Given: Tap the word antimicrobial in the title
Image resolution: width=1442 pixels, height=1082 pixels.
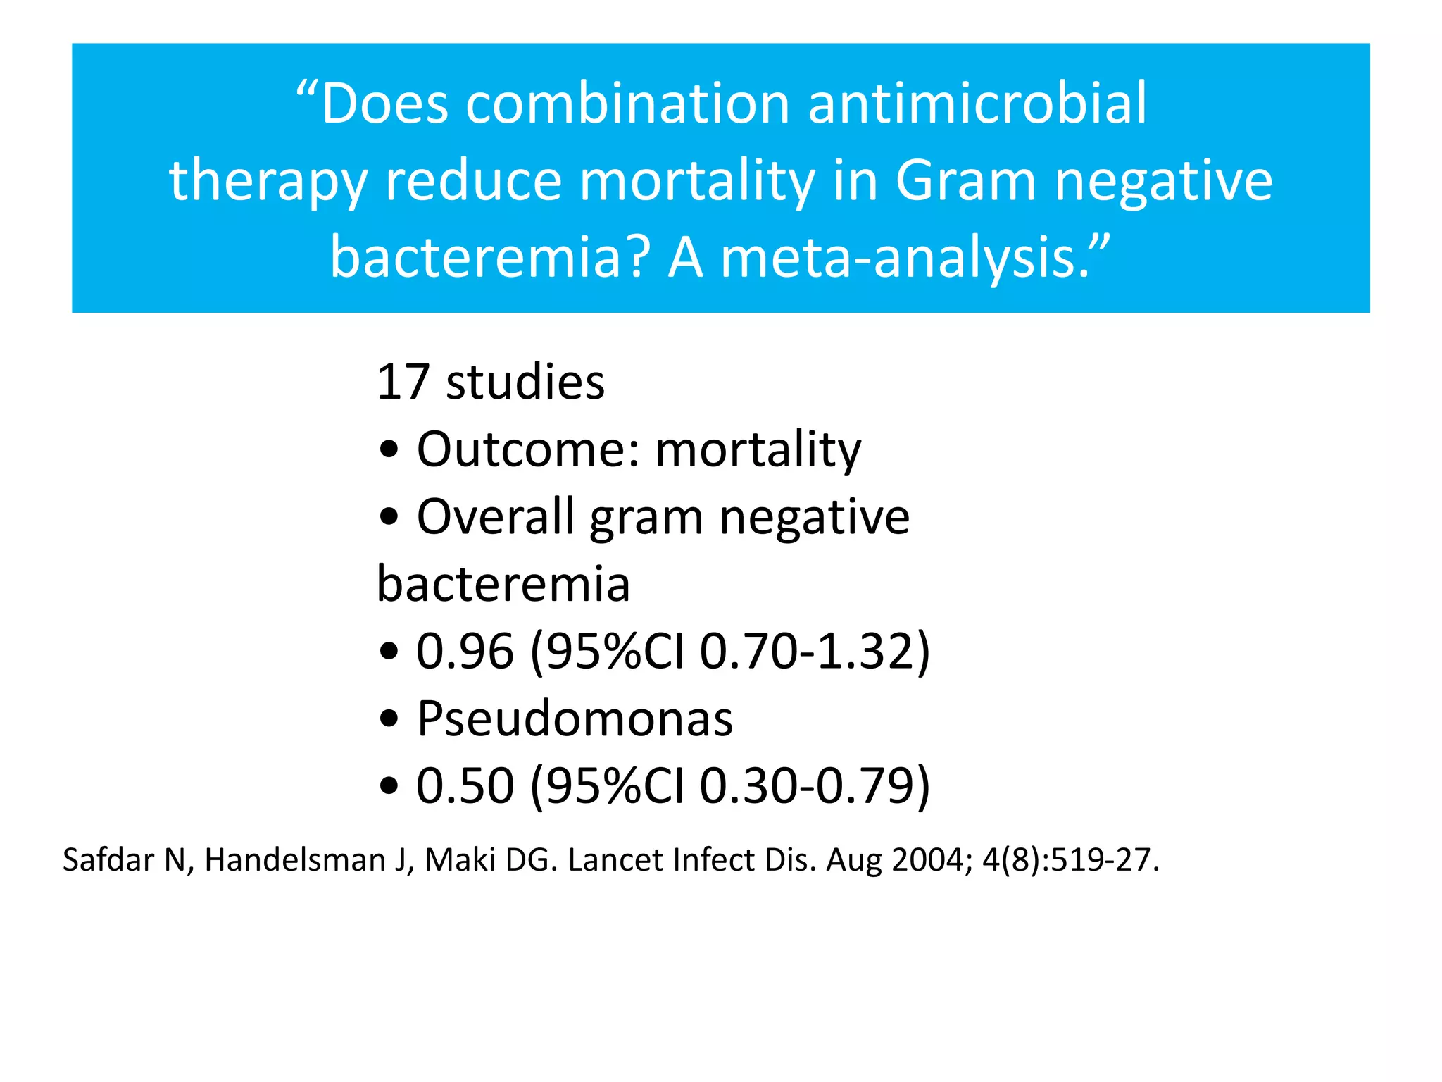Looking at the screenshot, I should [977, 104].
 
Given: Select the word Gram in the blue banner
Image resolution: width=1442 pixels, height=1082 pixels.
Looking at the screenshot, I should [966, 181].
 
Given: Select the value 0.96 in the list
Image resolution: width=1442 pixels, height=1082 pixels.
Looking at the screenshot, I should [465, 651].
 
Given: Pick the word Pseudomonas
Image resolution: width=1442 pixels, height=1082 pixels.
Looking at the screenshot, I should [575, 719].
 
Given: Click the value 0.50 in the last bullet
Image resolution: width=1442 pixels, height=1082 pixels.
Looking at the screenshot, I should [465, 785].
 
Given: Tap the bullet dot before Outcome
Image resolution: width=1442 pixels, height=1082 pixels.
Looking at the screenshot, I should [389, 451].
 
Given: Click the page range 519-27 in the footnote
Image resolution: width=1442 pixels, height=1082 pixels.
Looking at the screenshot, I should [1098, 860].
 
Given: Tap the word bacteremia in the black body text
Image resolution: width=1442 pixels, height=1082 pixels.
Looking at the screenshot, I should [503, 584].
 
